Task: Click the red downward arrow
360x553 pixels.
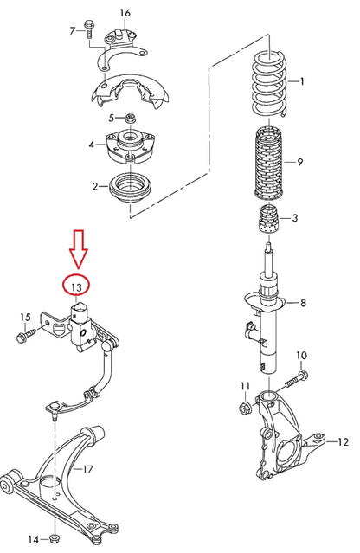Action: (79, 248)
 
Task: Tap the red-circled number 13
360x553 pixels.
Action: (77, 286)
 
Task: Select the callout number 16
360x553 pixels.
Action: (125, 12)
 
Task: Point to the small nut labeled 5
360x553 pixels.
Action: (130, 118)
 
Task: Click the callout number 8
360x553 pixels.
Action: (303, 303)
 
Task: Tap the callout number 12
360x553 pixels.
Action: (343, 442)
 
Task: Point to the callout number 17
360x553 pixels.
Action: (87, 470)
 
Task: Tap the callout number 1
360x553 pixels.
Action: (302, 82)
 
